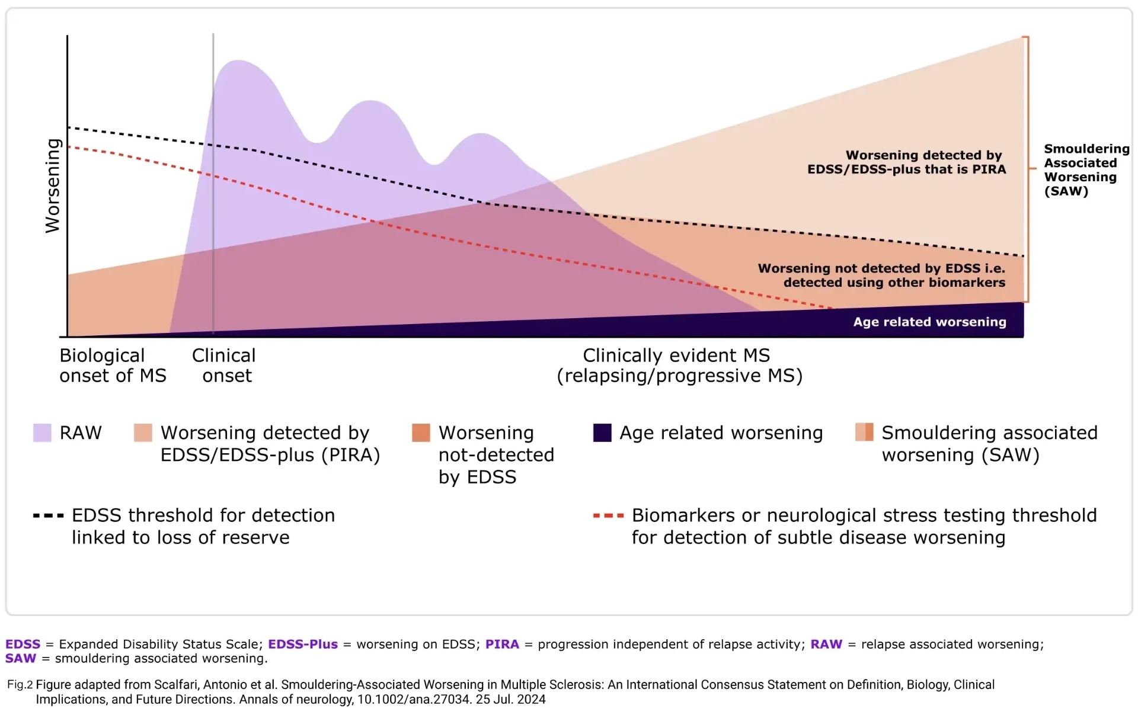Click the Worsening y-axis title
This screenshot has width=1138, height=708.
coord(53,185)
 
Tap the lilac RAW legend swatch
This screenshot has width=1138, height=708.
coord(42,433)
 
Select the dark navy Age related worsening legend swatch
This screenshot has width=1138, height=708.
coord(602,433)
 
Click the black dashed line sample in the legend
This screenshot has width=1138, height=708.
coord(48,515)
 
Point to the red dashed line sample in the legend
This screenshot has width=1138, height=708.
coord(608,515)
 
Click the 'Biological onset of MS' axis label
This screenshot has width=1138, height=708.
coord(113,365)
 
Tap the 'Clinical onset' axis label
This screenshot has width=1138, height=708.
coord(224,365)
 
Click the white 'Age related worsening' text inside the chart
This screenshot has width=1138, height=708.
coord(929,322)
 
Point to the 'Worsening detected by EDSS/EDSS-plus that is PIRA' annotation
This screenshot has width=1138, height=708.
coord(907,162)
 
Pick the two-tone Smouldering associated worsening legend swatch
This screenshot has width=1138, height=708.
coord(864,433)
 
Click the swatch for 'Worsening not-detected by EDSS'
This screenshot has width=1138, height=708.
coord(421,433)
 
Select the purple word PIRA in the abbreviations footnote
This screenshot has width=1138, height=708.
coord(502,644)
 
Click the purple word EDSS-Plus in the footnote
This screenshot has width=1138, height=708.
coord(302,644)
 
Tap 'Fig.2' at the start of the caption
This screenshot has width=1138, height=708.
coord(20,685)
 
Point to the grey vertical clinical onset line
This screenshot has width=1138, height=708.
coord(213,178)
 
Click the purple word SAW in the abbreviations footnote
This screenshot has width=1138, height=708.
coord(21,658)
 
